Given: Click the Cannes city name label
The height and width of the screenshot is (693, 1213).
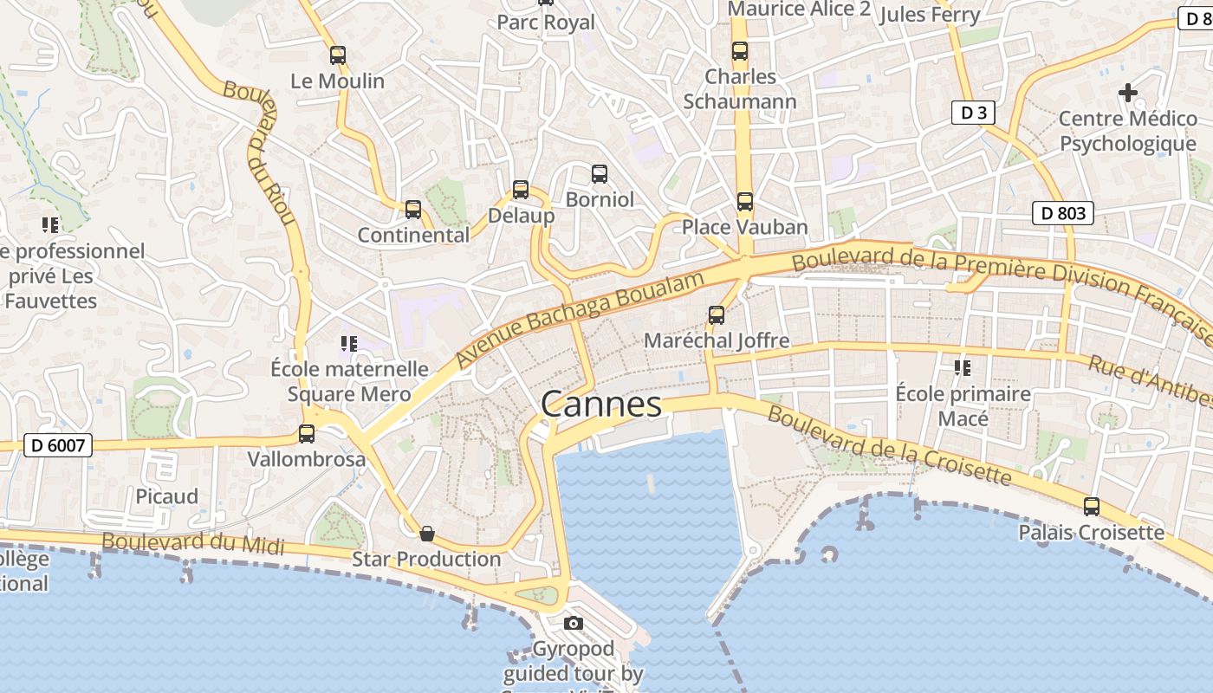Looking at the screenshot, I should (601, 405).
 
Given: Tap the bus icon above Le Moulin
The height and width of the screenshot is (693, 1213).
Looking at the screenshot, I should (338, 55).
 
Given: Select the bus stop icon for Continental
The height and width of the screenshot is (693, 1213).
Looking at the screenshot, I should (413, 210).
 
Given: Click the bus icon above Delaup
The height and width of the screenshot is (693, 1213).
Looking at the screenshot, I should (521, 190).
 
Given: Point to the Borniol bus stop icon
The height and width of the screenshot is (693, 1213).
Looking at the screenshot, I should (600, 174).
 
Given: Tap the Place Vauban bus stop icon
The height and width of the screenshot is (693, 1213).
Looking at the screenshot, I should (745, 202).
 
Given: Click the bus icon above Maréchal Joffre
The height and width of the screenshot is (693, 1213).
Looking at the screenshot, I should (717, 315).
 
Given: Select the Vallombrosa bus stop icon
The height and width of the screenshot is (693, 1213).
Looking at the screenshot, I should (307, 434).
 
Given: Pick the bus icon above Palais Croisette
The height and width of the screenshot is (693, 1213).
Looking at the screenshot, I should (1092, 507).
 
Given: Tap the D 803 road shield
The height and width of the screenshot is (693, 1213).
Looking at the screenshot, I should (1063, 213).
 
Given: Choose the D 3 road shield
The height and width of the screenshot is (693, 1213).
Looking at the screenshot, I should (973, 113).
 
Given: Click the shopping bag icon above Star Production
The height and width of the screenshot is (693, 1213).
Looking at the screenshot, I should (426, 534).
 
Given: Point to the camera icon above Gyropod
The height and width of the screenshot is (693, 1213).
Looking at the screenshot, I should (573, 623).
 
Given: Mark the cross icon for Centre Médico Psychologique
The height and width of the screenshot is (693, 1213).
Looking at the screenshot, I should (1127, 92).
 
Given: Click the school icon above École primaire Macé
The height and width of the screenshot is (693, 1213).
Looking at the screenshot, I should (963, 368).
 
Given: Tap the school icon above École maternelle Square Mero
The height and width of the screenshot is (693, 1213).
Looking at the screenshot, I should (349, 344).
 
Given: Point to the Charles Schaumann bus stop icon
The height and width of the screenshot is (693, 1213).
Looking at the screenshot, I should (740, 51).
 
